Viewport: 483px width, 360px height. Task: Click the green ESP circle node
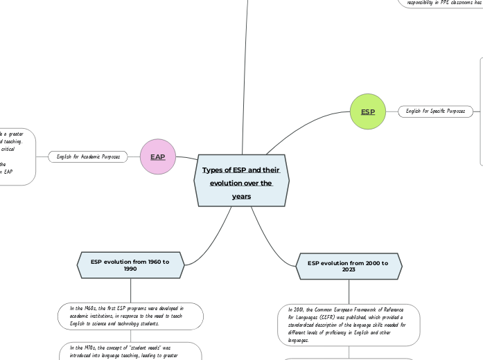pos(367,111)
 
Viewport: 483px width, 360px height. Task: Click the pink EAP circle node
pos(158,157)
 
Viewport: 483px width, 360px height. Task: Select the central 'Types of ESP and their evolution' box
pos(241,181)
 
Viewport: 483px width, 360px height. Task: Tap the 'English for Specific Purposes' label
pos(436,111)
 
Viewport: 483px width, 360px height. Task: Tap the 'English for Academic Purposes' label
pos(88,157)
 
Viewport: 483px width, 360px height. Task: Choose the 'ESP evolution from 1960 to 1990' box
pos(130,265)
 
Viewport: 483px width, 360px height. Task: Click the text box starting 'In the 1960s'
pos(130,316)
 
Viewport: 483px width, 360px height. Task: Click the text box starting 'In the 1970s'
pos(130,351)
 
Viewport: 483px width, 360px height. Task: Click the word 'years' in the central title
pos(241,197)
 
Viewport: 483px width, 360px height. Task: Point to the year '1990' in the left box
pos(130,269)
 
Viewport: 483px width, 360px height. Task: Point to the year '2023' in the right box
pos(349,270)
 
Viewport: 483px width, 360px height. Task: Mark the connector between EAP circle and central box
pos(186,159)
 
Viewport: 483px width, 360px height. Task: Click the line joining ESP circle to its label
pos(392,111)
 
